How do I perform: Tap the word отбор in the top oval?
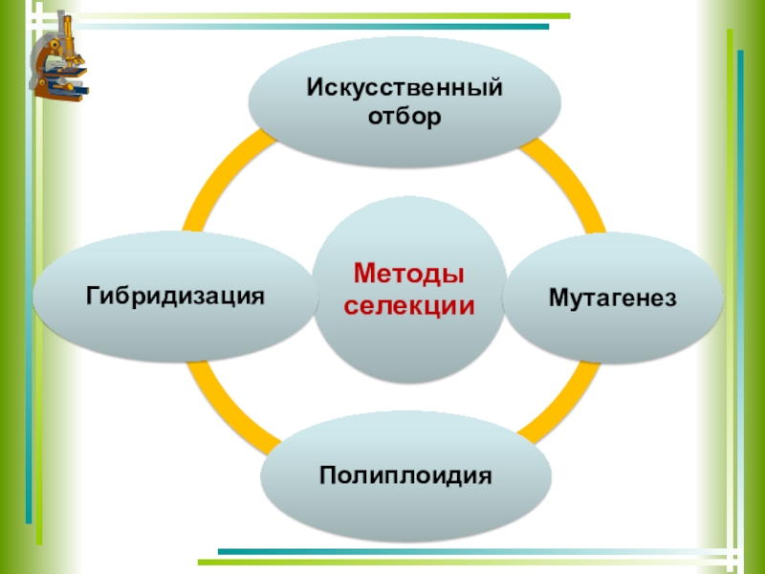pyautogui.click(x=404, y=118)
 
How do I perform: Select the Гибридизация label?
pyautogui.click(x=175, y=295)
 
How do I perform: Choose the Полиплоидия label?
pyautogui.click(x=406, y=475)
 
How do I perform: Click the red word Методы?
pyautogui.click(x=408, y=276)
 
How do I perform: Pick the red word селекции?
pyautogui.click(x=408, y=306)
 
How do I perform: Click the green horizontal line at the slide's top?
pyautogui.click(x=287, y=16)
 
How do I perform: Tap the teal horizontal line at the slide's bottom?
pyautogui.click(x=478, y=552)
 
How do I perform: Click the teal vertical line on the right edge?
pyautogui.click(x=740, y=287)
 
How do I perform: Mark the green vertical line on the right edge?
pyautogui.click(x=731, y=287)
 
